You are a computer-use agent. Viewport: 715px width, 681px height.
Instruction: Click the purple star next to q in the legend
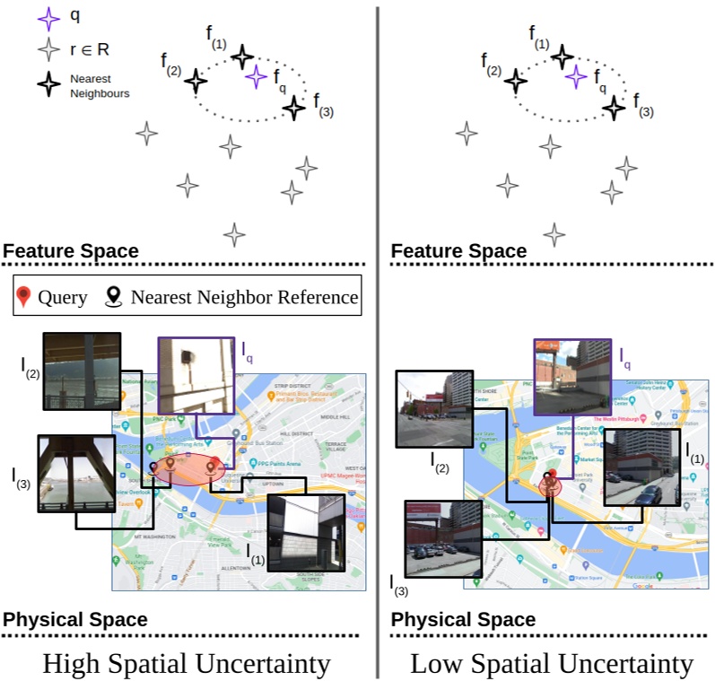(x=48, y=17)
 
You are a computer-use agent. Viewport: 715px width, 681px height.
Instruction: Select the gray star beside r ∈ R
(x=48, y=51)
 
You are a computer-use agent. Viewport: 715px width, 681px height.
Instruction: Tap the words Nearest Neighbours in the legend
(x=99, y=86)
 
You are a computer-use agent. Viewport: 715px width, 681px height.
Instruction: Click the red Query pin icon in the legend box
(x=24, y=297)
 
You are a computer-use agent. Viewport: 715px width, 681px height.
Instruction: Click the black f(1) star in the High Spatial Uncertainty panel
(x=242, y=57)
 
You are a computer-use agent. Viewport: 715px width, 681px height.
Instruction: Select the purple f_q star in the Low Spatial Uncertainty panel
(x=575, y=77)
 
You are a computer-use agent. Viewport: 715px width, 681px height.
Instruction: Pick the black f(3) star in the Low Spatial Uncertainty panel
(x=614, y=109)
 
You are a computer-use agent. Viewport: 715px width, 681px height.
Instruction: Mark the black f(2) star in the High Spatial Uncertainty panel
(x=196, y=82)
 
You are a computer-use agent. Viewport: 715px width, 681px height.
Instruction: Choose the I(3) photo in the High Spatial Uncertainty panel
(x=75, y=474)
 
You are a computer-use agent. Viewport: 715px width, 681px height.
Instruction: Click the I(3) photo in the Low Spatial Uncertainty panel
(x=444, y=540)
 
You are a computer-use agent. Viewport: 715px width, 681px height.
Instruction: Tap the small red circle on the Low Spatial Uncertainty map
(x=549, y=485)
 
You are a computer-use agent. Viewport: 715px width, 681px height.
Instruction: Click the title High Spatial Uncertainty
(x=187, y=665)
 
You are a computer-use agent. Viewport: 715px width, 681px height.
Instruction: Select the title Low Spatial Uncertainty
(x=551, y=665)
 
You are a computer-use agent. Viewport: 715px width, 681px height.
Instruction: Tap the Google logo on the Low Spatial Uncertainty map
(x=642, y=585)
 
